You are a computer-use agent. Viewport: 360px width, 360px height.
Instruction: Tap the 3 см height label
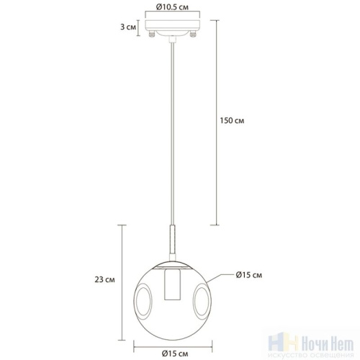[128, 27]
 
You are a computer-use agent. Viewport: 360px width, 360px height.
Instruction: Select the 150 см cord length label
[233, 120]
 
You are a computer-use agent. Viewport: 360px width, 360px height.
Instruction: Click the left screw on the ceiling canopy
[150, 34]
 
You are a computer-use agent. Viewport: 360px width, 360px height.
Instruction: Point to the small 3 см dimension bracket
[141, 27]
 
